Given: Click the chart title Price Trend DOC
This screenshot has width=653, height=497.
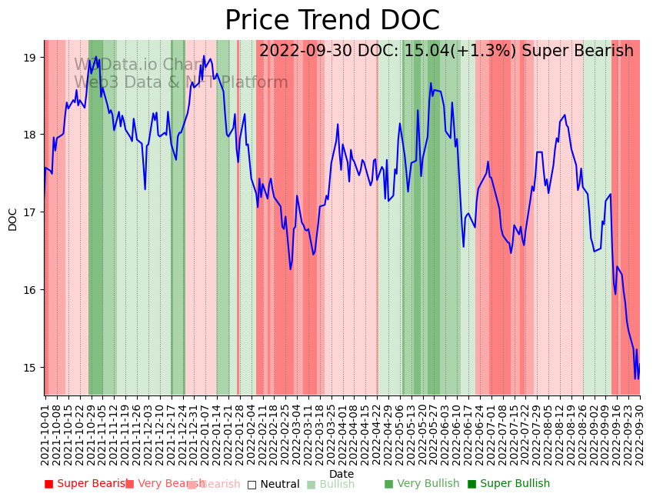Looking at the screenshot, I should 332,21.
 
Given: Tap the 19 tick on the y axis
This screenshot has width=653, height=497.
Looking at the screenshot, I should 31,58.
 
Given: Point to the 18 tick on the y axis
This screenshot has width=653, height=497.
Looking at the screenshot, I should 31,135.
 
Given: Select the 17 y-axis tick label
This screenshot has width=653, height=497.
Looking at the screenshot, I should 31,212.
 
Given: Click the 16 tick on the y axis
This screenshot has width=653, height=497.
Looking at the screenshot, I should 31,290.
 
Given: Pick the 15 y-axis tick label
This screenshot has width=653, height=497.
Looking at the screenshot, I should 31,367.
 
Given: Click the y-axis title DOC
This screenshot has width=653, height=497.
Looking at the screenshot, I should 12,218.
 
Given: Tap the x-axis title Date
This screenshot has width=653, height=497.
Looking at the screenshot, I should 341,474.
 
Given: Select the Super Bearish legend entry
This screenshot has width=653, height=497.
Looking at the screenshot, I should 87,484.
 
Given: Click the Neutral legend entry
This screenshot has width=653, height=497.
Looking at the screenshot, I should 274,484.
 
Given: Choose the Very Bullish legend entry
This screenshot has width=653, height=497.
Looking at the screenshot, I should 421,484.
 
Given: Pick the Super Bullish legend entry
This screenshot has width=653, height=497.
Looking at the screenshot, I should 509,484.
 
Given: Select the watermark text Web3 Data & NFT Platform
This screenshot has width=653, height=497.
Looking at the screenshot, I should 181,82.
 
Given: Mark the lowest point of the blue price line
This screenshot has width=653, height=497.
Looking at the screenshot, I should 635,379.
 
